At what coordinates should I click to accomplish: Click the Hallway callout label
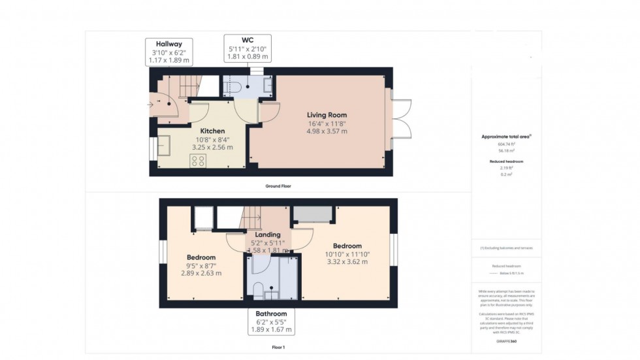(x=168, y=52)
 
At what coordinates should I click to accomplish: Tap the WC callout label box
(x=247, y=48)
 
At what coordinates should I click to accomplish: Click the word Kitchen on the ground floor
(x=212, y=131)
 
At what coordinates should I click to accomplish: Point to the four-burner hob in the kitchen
(x=198, y=161)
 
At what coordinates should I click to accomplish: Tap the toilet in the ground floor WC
(x=236, y=87)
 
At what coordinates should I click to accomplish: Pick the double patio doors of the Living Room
(x=402, y=118)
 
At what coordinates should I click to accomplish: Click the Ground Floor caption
(x=278, y=186)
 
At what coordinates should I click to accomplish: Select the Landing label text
(x=268, y=235)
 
